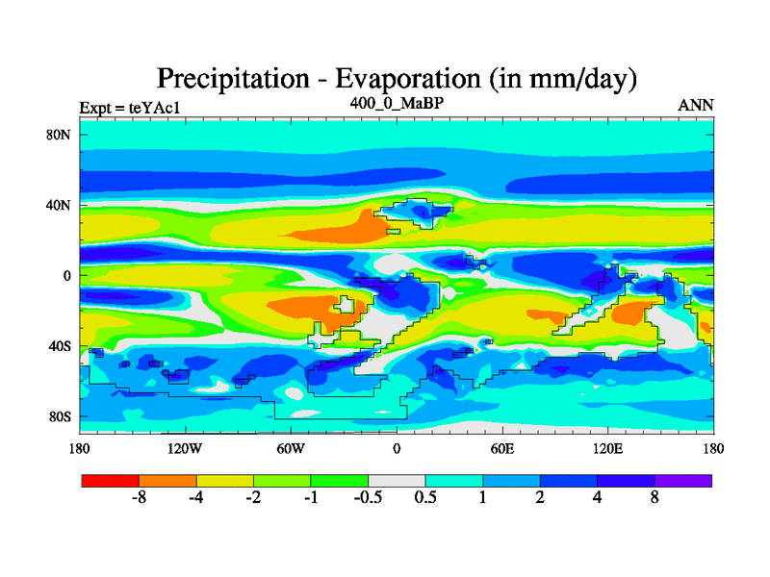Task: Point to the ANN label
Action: tap(696, 105)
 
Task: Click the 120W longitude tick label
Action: tap(185, 448)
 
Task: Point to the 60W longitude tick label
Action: tap(291, 448)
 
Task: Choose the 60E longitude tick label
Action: tap(501, 448)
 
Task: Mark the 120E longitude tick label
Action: tap(607, 448)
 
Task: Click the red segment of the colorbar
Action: tap(111, 480)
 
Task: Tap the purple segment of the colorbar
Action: tap(683, 480)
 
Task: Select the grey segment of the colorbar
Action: tap(397, 480)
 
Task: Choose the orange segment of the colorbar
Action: tap(167, 480)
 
